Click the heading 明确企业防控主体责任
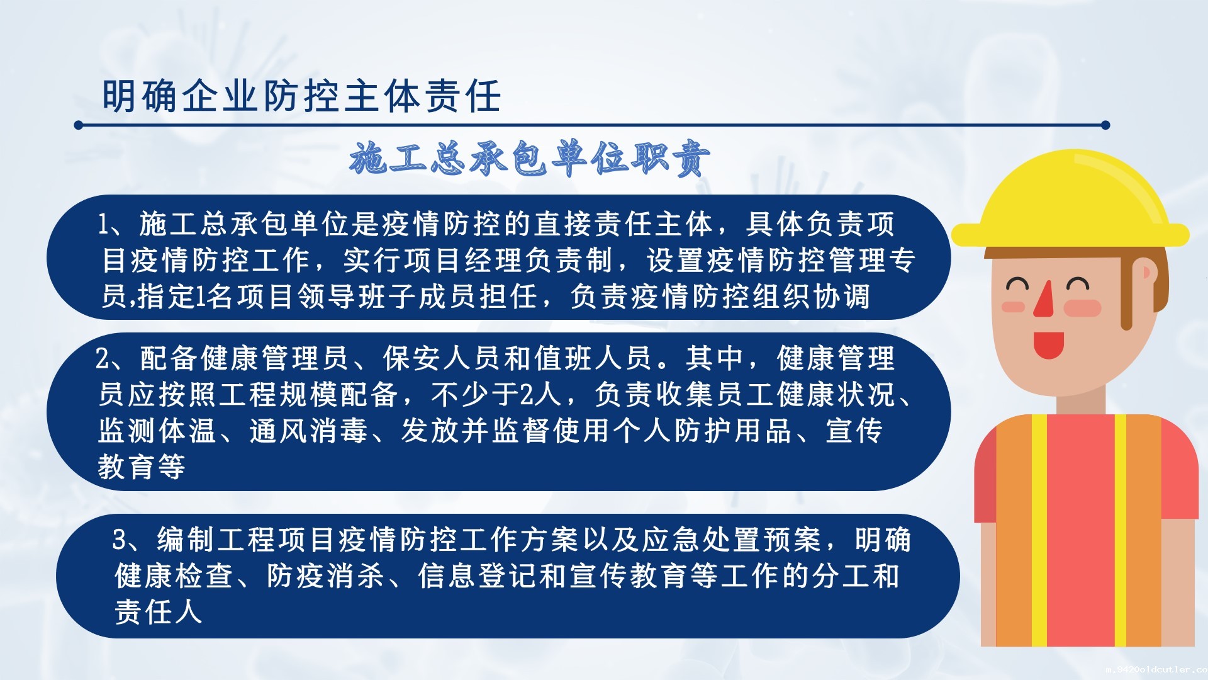[301, 96]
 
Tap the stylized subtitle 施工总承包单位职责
[530, 158]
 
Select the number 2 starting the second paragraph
[103, 359]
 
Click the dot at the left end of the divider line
[79, 125]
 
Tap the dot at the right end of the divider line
[1105, 125]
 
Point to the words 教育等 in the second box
[142, 467]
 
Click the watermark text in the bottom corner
[1156, 670]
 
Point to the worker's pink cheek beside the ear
[1083, 308]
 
